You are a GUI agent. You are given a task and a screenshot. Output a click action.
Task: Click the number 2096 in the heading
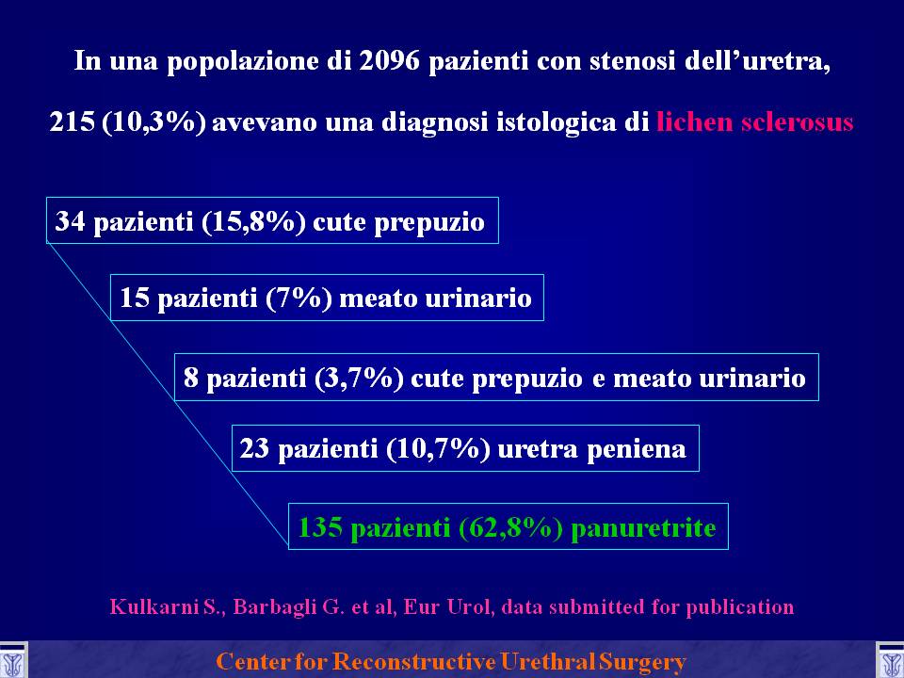pos(390,61)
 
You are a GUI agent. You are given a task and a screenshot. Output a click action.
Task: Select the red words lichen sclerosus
pos(755,122)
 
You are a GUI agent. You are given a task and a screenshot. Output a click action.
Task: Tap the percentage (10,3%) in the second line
pos(153,122)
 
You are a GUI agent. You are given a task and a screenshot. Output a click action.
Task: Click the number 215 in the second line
pos(73,122)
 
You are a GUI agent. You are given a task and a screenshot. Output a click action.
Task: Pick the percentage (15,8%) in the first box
pos(253,222)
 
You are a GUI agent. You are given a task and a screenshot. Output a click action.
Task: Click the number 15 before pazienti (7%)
pos(134,299)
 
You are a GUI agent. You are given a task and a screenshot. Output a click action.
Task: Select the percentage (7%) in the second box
pos(299,299)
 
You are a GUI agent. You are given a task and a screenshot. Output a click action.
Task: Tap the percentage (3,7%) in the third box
pos(359,379)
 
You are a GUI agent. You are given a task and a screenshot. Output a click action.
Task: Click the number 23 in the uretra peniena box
pos(255,448)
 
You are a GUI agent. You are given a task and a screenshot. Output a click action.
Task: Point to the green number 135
pos(320,527)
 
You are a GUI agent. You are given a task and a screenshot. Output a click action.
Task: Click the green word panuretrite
pos(643,528)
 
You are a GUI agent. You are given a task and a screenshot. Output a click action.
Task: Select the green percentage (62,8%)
pos(510,528)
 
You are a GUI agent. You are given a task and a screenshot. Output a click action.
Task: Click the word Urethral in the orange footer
pos(546,661)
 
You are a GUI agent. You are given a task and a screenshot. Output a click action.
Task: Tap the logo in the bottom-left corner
pos(12,661)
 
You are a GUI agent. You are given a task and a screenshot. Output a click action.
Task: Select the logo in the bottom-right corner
pos(891,661)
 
